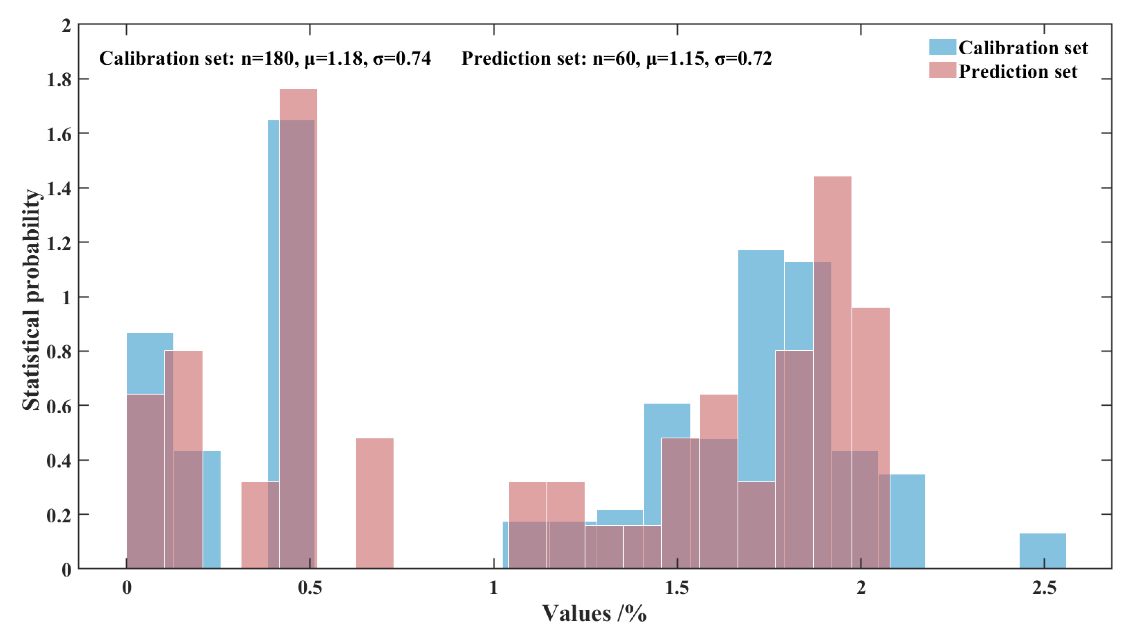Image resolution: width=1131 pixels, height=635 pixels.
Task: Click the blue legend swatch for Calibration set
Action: pyautogui.click(x=942, y=47)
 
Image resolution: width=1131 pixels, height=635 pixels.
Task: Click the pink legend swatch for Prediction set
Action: pyautogui.click(x=942, y=70)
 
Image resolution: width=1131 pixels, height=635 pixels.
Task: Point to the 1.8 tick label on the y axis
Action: pyautogui.click(x=59, y=80)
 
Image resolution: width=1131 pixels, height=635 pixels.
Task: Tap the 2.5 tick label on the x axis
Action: pyautogui.click(x=1044, y=588)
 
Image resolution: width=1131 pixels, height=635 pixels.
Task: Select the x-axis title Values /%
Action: pyautogui.click(x=594, y=614)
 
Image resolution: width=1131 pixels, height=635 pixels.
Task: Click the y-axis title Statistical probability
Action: pyautogui.click(x=31, y=300)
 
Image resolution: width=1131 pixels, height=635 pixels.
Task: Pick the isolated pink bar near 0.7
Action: pyautogui.click(x=374, y=504)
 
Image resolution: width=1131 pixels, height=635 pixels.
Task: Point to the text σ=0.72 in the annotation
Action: pyautogui.click(x=743, y=58)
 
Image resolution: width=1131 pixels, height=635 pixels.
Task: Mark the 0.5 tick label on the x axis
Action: pyautogui.click(x=310, y=588)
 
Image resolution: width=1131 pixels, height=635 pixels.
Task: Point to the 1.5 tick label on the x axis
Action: pyautogui.click(x=677, y=588)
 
